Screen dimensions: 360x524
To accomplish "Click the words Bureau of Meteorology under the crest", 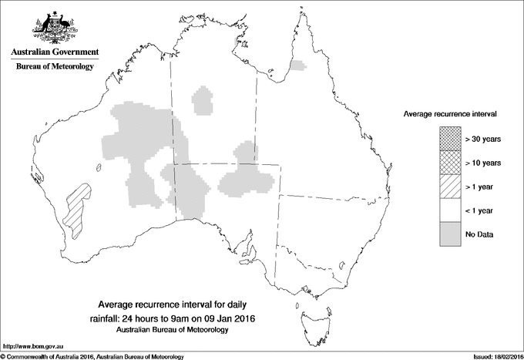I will pyautogui.click(x=54, y=67).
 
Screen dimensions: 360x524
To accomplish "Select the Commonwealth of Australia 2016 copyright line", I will pyautogui.click(x=92, y=356).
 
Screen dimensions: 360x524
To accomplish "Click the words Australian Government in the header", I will pyautogui.click(x=54, y=52).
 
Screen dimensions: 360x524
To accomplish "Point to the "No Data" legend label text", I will pyautogui.click(x=479, y=234).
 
